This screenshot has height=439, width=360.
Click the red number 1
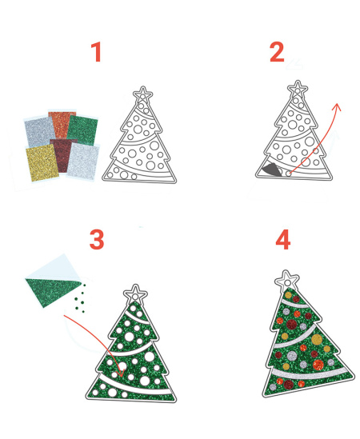click(x=96, y=52)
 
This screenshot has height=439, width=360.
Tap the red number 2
click(x=277, y=52)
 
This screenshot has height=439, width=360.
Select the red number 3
click(x=97, y=240)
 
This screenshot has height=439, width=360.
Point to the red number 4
click(x=283, y=240)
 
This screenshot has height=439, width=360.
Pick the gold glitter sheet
click(x=42, y=162)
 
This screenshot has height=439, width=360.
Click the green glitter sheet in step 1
click(x=82, y=130)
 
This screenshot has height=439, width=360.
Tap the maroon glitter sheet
click(x=63, y=155)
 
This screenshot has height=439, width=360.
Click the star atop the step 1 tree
click(x=143, y=94)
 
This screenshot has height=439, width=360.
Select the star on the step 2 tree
click(x=298, y=89)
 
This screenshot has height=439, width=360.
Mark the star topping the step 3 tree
click(x=135, y=293)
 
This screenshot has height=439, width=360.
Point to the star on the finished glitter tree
click(x=287, y=280)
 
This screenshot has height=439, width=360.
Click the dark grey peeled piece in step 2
click(x=271, y=170)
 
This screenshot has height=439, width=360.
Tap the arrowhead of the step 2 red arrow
click(x=338, y=106)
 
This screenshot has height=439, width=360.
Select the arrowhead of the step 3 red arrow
click(x=122, y=372)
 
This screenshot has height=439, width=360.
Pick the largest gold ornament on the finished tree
click(x=317, y=340)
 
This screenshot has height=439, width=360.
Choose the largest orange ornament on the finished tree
click(x=318, y=365)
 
